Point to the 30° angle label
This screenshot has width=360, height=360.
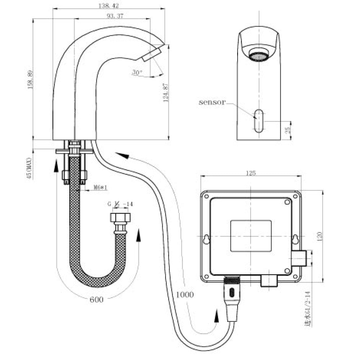click(x=137, y=72)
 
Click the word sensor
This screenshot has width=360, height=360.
click(x=212, y=102)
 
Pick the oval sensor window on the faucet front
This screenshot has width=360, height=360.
click(x=258, y=120)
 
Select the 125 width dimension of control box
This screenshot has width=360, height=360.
click(x=251, y=173)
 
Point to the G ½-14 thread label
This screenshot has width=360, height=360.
click(x=120, y=204)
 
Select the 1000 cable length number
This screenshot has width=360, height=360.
click(x=185, y=294)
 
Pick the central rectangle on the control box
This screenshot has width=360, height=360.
click(x=251, y=236)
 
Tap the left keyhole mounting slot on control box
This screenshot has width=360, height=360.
click(x=207, y=239)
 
